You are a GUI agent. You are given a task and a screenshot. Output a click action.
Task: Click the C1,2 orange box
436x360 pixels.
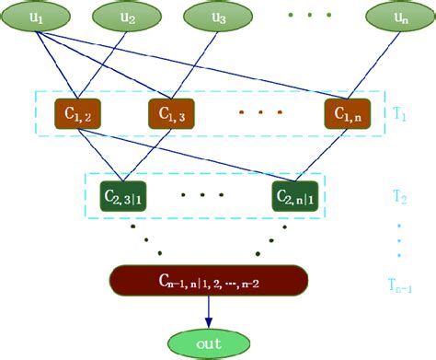coord(78,115)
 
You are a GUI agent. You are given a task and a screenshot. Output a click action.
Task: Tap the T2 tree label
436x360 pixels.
coord(400,197)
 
